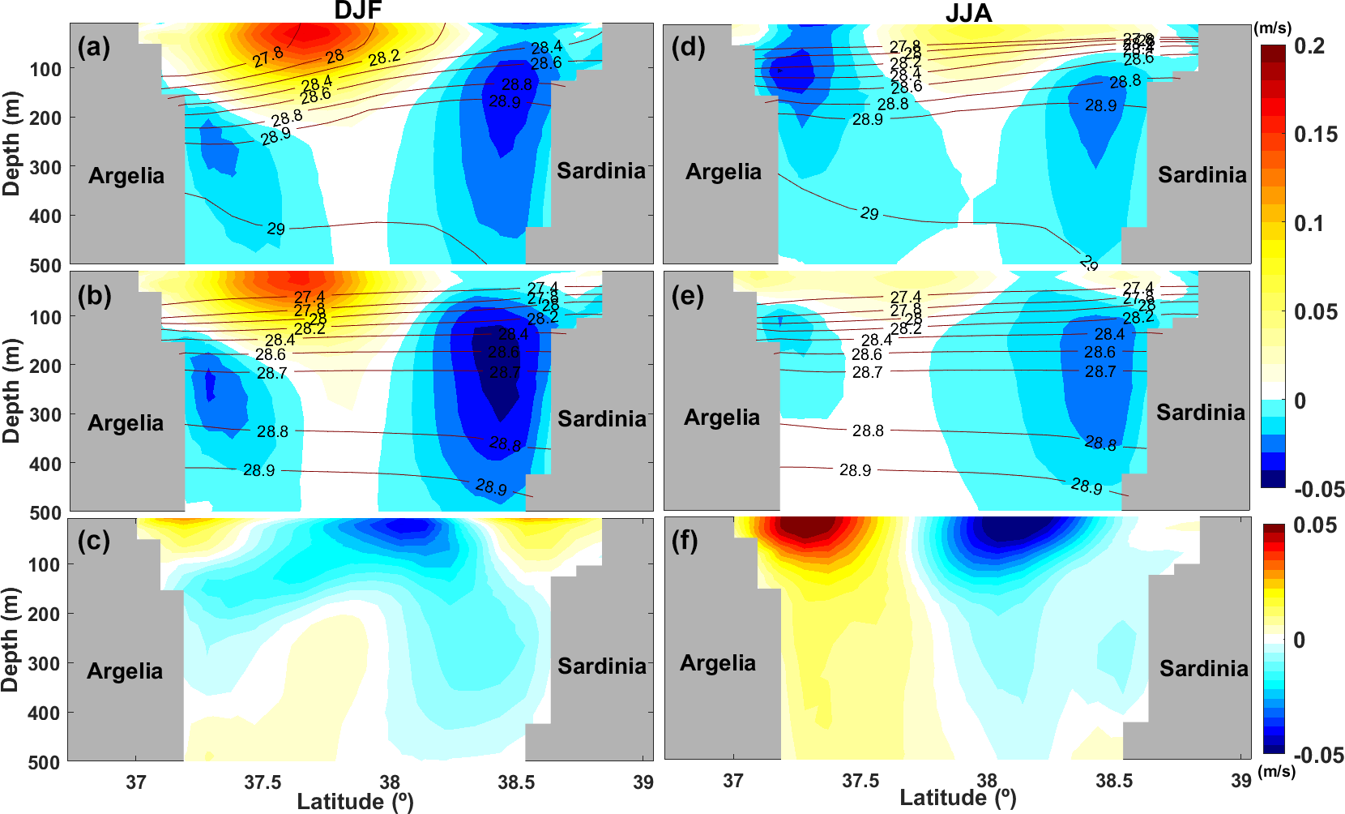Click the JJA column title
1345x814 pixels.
coord(968,13)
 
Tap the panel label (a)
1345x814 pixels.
coord(94,47)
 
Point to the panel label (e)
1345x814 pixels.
coord(688,296)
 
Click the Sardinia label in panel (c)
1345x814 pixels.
coord(602,666)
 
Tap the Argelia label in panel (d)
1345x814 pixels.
coord(724,172)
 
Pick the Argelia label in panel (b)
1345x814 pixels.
coord(126,423)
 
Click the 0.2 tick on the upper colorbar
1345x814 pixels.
coord(1309,46)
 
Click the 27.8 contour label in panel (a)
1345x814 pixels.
coord(267,58)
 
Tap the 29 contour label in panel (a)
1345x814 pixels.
coord(276,229)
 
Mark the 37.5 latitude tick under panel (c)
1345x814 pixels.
coord(263,782)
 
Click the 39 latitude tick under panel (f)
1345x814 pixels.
coord(1240,781)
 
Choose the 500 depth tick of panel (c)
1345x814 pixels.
coord(45,762)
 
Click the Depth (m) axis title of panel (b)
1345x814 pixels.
coord(11,391)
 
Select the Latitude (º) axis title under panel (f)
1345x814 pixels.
coord(958,798)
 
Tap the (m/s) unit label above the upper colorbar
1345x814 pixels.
coord(1273,28)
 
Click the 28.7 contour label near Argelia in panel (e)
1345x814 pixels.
coord(867,372)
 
